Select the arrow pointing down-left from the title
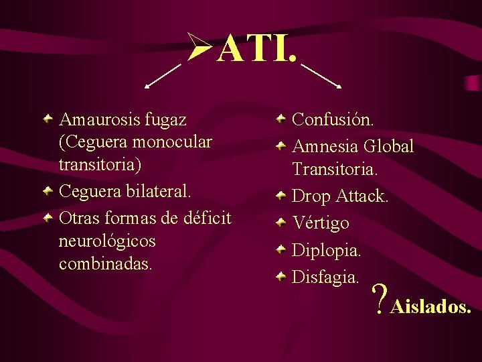click(x=163, y=76)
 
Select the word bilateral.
click(x=157, y=191)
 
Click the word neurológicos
click(x=107, y=240)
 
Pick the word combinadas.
click(x=106, y=263)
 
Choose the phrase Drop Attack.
click(x=340, y=196)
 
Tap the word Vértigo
click(x=321, y=223)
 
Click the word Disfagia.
click(x=326, y=276)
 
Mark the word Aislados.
click(x=431, y=307)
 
